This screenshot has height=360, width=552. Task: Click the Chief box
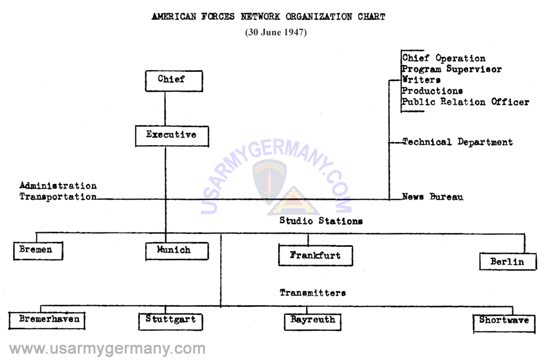[173, 80]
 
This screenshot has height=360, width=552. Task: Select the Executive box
[166, 135]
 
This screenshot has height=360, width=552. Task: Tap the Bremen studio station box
[38, 250]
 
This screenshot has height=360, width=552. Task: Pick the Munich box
[177, 251]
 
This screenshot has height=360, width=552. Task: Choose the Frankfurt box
[315, 256]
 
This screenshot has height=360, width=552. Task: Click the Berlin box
[507, 262]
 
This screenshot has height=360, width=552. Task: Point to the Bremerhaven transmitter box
[47, 320]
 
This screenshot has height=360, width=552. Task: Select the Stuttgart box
[171, 320]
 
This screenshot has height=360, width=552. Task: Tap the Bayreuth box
[312, 321]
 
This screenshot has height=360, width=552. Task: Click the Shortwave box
[504, 321]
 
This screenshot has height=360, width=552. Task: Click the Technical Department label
[457, 142]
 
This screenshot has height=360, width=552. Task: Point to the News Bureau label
[432, 197]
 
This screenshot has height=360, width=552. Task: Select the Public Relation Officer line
[465, 102]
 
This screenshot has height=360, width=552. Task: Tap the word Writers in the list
[421, 80]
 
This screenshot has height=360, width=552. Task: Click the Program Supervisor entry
[451, 70]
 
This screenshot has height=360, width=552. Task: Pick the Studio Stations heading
[321, 221]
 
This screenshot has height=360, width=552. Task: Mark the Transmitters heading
[312, 293]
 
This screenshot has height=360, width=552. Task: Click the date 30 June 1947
[276, 32]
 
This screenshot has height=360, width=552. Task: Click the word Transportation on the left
[58, 197]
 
